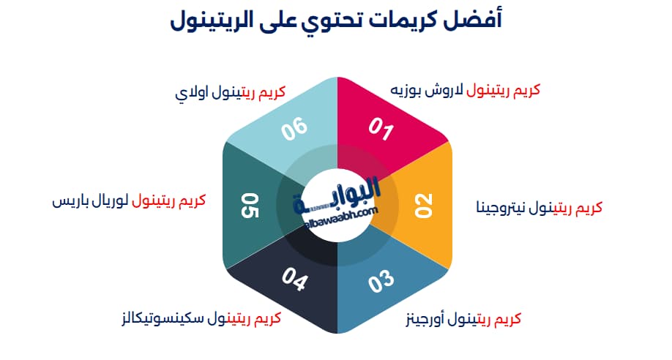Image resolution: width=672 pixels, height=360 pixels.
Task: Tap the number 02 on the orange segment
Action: click(x=424, y=206)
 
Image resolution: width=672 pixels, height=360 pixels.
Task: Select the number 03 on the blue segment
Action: click(x=381, y=282)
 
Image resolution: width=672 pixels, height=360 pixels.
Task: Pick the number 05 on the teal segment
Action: click(x=250, y=206)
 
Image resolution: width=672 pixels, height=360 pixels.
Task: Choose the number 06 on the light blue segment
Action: click(x=295, y=130)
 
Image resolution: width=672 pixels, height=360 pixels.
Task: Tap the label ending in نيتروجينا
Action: click(x=539, y=207)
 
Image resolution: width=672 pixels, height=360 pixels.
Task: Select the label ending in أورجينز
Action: click(x=463, y=320)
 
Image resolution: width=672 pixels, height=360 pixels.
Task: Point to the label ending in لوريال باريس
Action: click(x=129, y=200)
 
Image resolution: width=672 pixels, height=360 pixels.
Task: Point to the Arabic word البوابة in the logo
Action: click(x=344, y=194)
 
